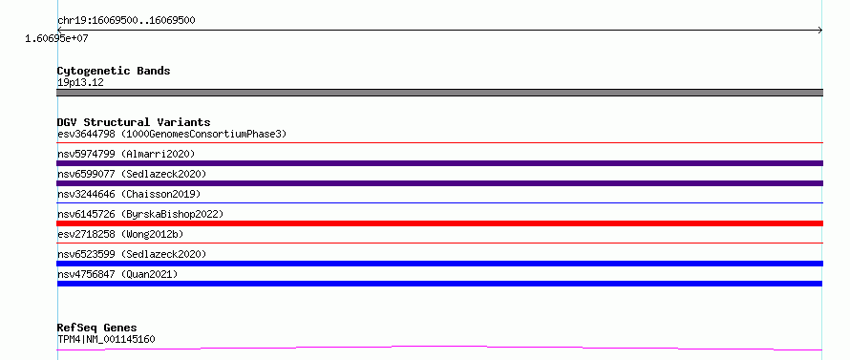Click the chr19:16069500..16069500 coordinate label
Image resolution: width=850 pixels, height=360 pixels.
point(126,21)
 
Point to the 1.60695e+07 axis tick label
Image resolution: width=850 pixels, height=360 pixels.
point(56,39)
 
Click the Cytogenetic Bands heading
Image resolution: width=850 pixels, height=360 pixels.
point(114,71)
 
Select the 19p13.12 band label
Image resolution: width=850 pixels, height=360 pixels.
point(80,83)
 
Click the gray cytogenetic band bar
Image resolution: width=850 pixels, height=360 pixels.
point(439,93)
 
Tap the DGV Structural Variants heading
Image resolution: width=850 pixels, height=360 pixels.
point(134,122)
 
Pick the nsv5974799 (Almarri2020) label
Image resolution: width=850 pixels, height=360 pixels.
point(126,154)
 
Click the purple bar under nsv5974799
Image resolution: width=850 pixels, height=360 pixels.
point(439,163)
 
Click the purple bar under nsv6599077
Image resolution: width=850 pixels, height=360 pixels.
point(439,183)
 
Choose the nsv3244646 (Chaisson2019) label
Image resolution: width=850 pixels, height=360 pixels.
point(129,194)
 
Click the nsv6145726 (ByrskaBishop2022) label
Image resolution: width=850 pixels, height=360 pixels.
point(140,214)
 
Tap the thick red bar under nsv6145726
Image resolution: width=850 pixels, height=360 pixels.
point(439,223)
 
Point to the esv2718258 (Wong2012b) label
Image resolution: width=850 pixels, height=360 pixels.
point(120,234)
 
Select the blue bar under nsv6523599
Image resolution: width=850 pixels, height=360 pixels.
point(439,264)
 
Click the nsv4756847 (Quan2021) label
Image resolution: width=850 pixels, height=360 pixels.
point(117,274)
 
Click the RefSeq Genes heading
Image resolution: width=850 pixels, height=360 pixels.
point(97,328)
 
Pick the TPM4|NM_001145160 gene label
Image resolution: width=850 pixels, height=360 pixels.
point(106,340)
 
